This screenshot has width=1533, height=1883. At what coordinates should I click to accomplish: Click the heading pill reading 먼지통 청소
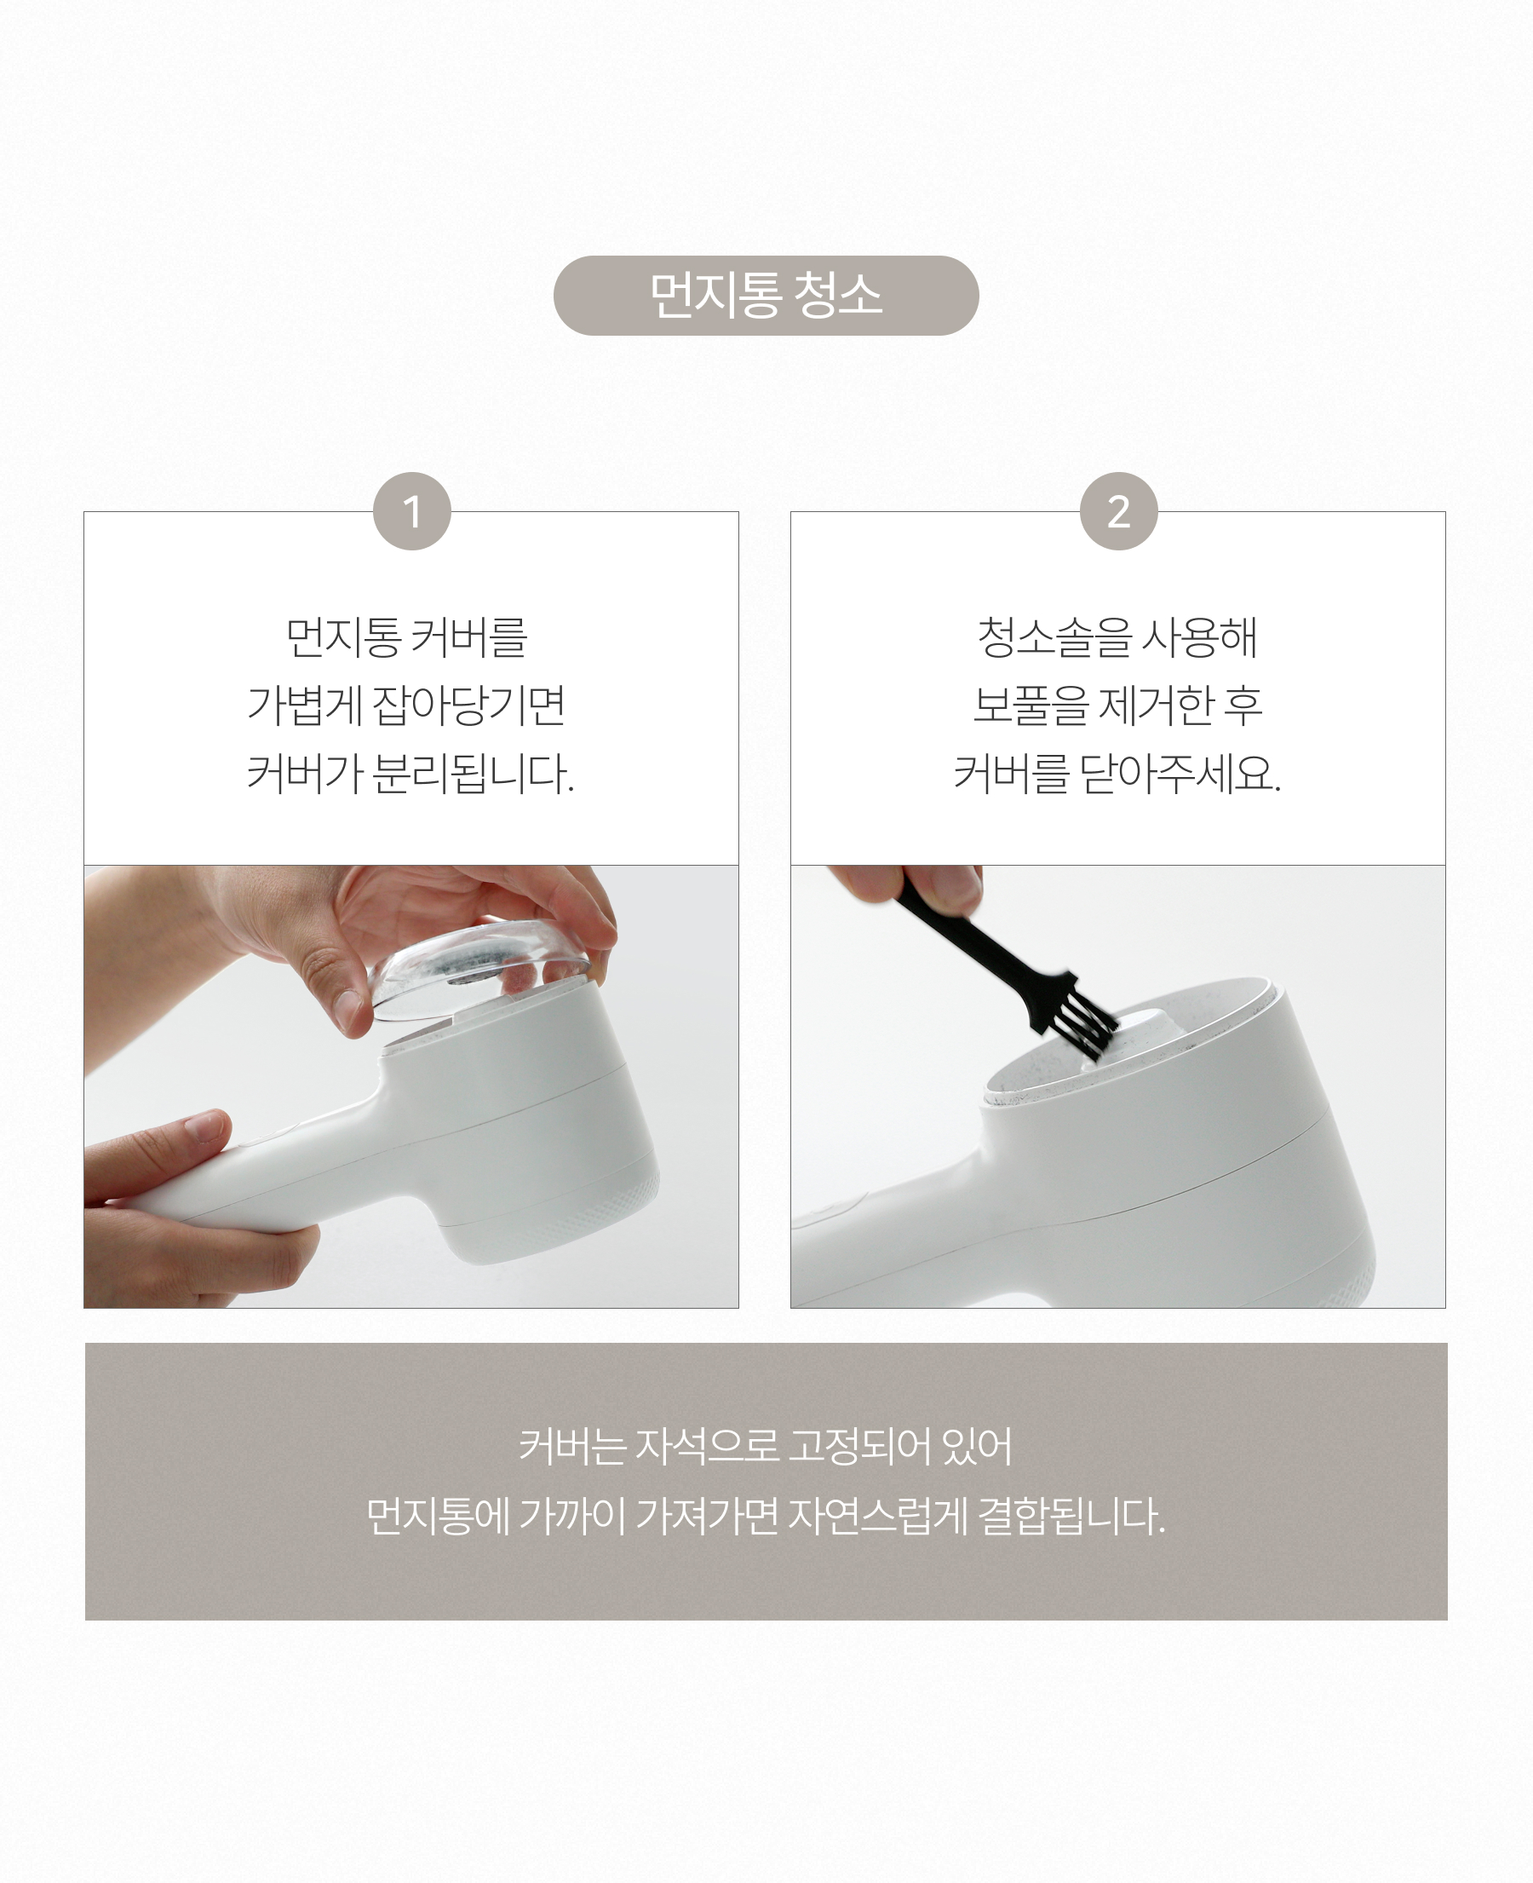tap(766, 295)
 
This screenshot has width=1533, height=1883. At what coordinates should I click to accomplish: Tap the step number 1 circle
tap(411, 511)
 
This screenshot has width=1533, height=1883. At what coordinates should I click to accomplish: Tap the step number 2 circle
tap(1119, 511)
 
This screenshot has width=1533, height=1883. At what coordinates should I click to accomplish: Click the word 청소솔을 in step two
tap(1054, 636)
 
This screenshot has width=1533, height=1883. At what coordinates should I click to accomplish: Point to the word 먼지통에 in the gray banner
tap(438, 1516)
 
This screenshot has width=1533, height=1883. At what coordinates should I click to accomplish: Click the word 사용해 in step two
tap(1199, 636)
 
